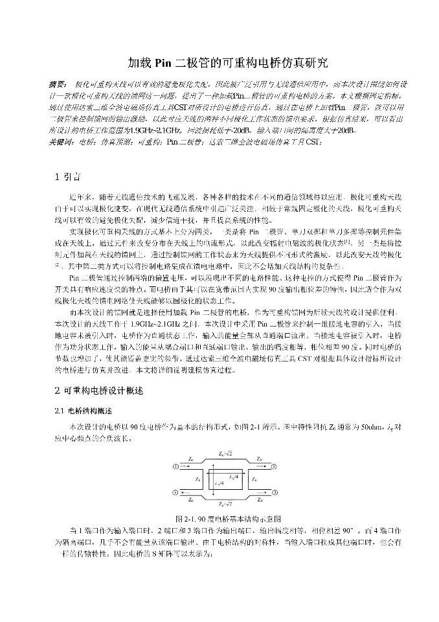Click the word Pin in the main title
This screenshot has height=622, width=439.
click(162, 63)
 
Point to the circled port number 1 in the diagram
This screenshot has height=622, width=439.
click(176, 466)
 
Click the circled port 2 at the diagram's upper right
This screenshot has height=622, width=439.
click(274, 466)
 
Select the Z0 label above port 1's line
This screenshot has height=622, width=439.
click(191, 459)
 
